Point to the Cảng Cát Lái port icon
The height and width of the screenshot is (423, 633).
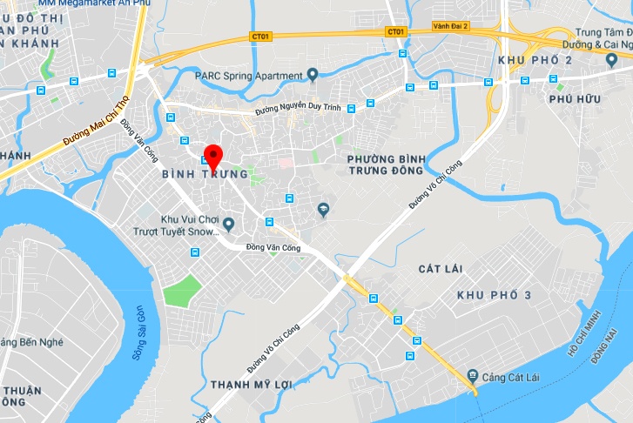(x=472, y=375)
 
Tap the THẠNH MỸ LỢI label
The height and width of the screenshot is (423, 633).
(x=249, y=384)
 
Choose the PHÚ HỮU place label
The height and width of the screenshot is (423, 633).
(x=575, y=99)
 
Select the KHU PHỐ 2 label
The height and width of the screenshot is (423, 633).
(x=535, y=60)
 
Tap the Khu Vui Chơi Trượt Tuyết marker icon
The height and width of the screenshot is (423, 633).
(x=229, y=225)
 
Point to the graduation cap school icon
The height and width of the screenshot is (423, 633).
(x=323, y=210)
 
